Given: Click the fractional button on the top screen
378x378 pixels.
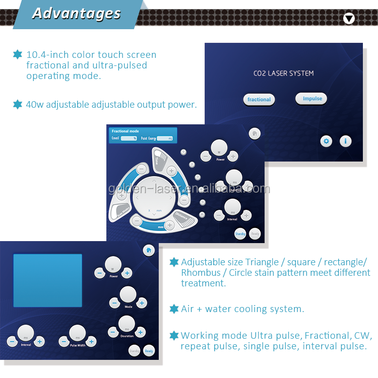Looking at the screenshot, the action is pos(259,99).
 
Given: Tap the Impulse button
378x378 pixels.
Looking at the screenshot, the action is pos(312,99).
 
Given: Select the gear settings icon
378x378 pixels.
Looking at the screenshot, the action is pos(326,141).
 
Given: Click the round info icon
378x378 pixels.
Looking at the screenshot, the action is pos(345,141).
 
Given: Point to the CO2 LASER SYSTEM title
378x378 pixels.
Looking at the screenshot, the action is pos(283,73).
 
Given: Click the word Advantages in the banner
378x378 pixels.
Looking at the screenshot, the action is pos(76,14).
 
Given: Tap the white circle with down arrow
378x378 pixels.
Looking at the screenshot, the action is pos(349,19).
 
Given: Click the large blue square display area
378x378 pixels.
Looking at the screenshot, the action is pos(47,280).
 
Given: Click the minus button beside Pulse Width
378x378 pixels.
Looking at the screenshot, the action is pos(64,342).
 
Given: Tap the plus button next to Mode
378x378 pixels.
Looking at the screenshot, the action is pos(142,303).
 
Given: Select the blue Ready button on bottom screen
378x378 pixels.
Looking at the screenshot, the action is pos(149,350).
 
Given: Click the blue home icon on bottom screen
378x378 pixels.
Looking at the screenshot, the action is pos(148,250).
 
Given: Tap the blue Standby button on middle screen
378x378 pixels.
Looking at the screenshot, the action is pos(240,234).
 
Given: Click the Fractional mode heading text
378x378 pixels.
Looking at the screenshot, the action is pos(125,131).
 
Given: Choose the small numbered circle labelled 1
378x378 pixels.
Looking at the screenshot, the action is pos(183,152).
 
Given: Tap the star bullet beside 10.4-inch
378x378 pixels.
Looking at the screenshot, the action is pos(18,55).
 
